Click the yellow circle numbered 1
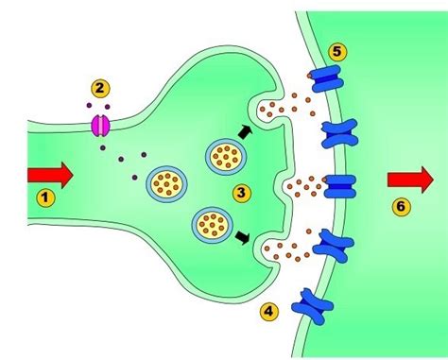pyautogui.click(x=45, y=197)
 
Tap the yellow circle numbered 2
pyautogui.click(x=100, y=89)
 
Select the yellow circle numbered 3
pyautogui.click(x=242, y=193)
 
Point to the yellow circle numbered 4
pyautogui.click(x=268, y=312)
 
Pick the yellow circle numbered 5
pyautogui.click(x=337, y=52)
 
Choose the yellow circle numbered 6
pyautogui.click(x=401, y=207)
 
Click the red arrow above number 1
pyautogui.click(x=50, y=176)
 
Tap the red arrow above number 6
pyautogui.click(x=410, y=180)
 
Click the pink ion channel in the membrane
pyautogui.click(x=100, y=126)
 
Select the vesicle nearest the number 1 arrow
pyautogui.click(x=166, y=184)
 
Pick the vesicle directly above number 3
pyautogui.click(x=226, y=157)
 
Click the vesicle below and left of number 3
pyautogui.click(x=213, y=225)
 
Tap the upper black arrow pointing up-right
pyautogui.click(x=246, y=131)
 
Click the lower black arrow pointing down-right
pyautogui.click(x=243, y=237)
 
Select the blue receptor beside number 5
pyautogui.click(x=328, y=78)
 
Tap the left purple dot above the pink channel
pyautogui.click(x=89, y=106)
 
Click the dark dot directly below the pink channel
pyautogui.click(x=103, y=147)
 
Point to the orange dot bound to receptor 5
pyautogui.click(x=310, y=76)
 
